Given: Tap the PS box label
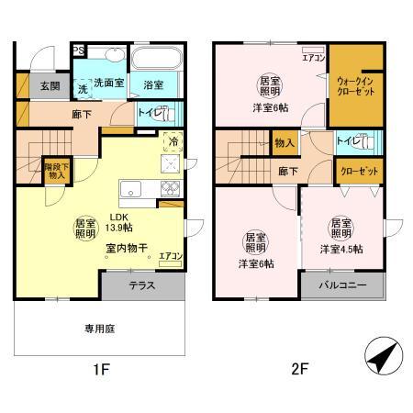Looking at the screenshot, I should [80, 51].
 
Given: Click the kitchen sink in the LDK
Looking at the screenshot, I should [129, 191].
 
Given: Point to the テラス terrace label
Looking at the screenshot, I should [141, 285].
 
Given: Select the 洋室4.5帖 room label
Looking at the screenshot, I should [340, 250].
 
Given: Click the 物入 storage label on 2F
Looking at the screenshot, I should [285, 144].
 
